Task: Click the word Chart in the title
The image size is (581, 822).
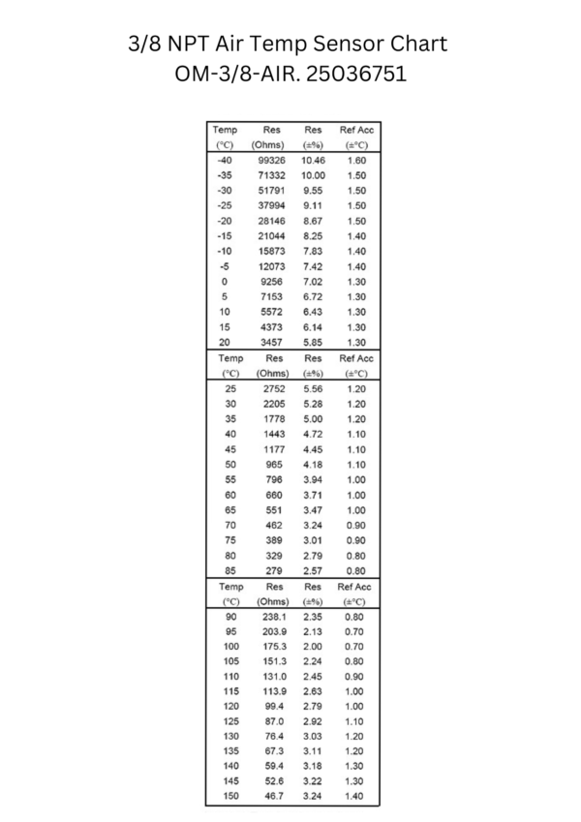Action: click(x=413, y=45)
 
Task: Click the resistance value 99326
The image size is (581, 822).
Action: click(x=271, y=160)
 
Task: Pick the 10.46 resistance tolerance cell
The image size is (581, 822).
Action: click(x=313, y=160)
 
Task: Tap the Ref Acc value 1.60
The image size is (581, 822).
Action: click(x=355, y=160)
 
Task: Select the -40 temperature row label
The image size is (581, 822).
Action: click(x=225, y=160)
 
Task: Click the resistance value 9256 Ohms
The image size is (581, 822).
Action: click(x=271, y=281)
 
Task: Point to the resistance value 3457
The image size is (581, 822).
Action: click(x=271, y=342)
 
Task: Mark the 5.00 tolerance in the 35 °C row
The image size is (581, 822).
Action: click(x=313, y=418)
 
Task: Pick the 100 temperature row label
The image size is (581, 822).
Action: click(x=229, y=647)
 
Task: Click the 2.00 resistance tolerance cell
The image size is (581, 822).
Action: click(x=313, y=647)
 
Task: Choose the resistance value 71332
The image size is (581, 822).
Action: click(x=271, y=175)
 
